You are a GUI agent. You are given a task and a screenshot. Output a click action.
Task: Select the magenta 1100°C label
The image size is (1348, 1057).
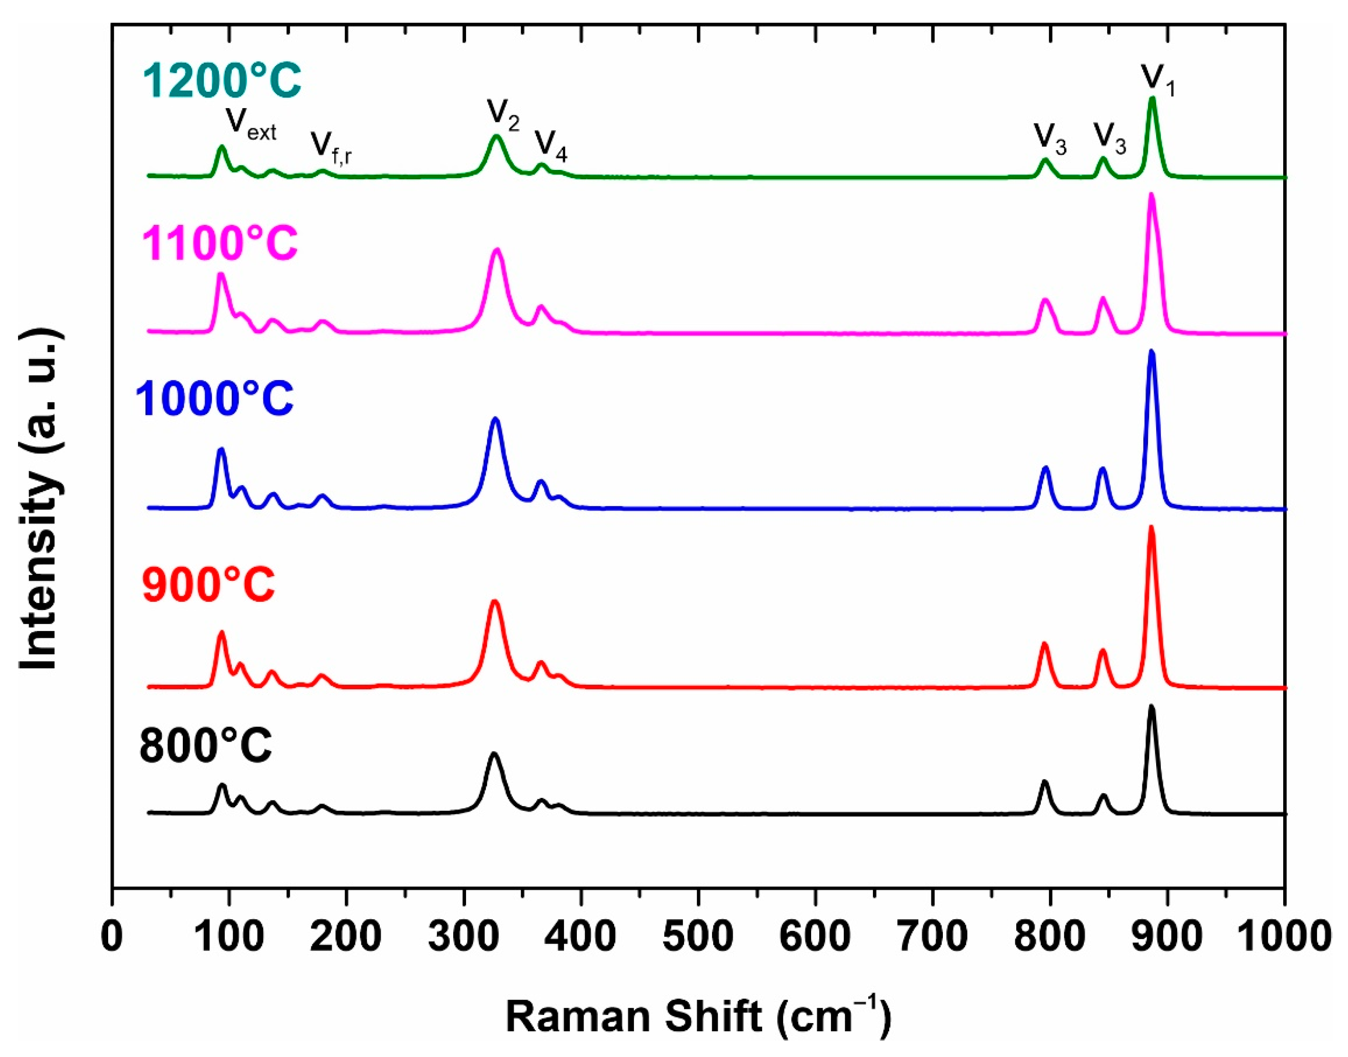click(x=220, y=242)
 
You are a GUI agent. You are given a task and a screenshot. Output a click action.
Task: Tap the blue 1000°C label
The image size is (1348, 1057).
click(x=214, y=398)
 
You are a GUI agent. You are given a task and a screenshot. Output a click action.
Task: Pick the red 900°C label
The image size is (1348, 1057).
click(x=208, y=583)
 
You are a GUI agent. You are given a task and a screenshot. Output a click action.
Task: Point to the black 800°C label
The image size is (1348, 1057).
click(x=206, y=744)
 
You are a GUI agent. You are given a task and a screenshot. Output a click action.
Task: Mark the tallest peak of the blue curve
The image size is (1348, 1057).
click(x=1152, y=351)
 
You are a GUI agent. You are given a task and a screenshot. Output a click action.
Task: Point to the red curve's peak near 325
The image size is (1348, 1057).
click(x=494, y=601)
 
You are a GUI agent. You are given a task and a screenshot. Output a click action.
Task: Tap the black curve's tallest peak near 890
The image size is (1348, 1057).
click(x=1152, y=707)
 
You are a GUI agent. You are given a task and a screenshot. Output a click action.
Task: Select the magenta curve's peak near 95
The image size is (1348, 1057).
click(x=221, y=274)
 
